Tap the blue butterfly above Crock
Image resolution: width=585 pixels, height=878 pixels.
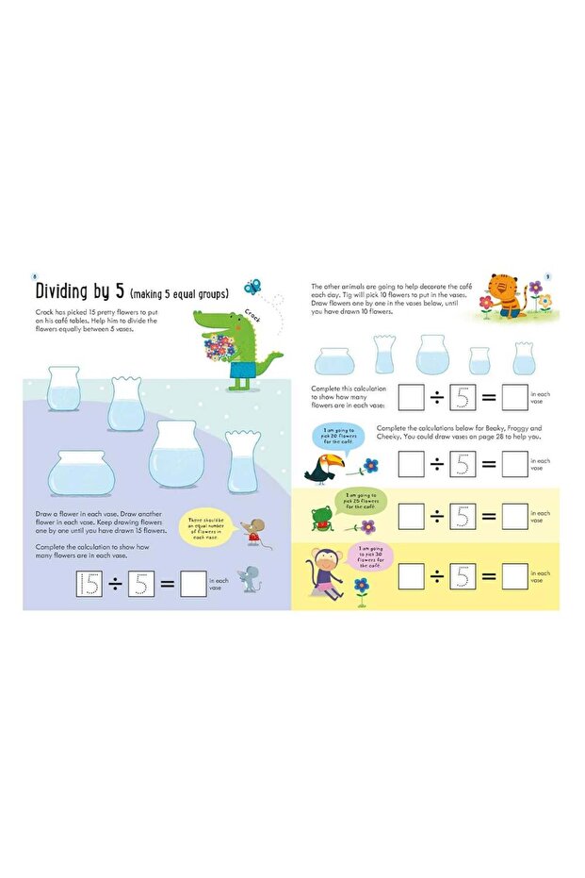(x=252, y=285)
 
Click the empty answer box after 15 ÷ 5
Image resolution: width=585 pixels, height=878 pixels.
(x=192, y=585)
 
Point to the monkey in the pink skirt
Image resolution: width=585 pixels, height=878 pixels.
(x=326, y=575)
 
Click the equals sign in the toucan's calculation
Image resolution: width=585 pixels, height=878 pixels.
(x=486, y=463)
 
